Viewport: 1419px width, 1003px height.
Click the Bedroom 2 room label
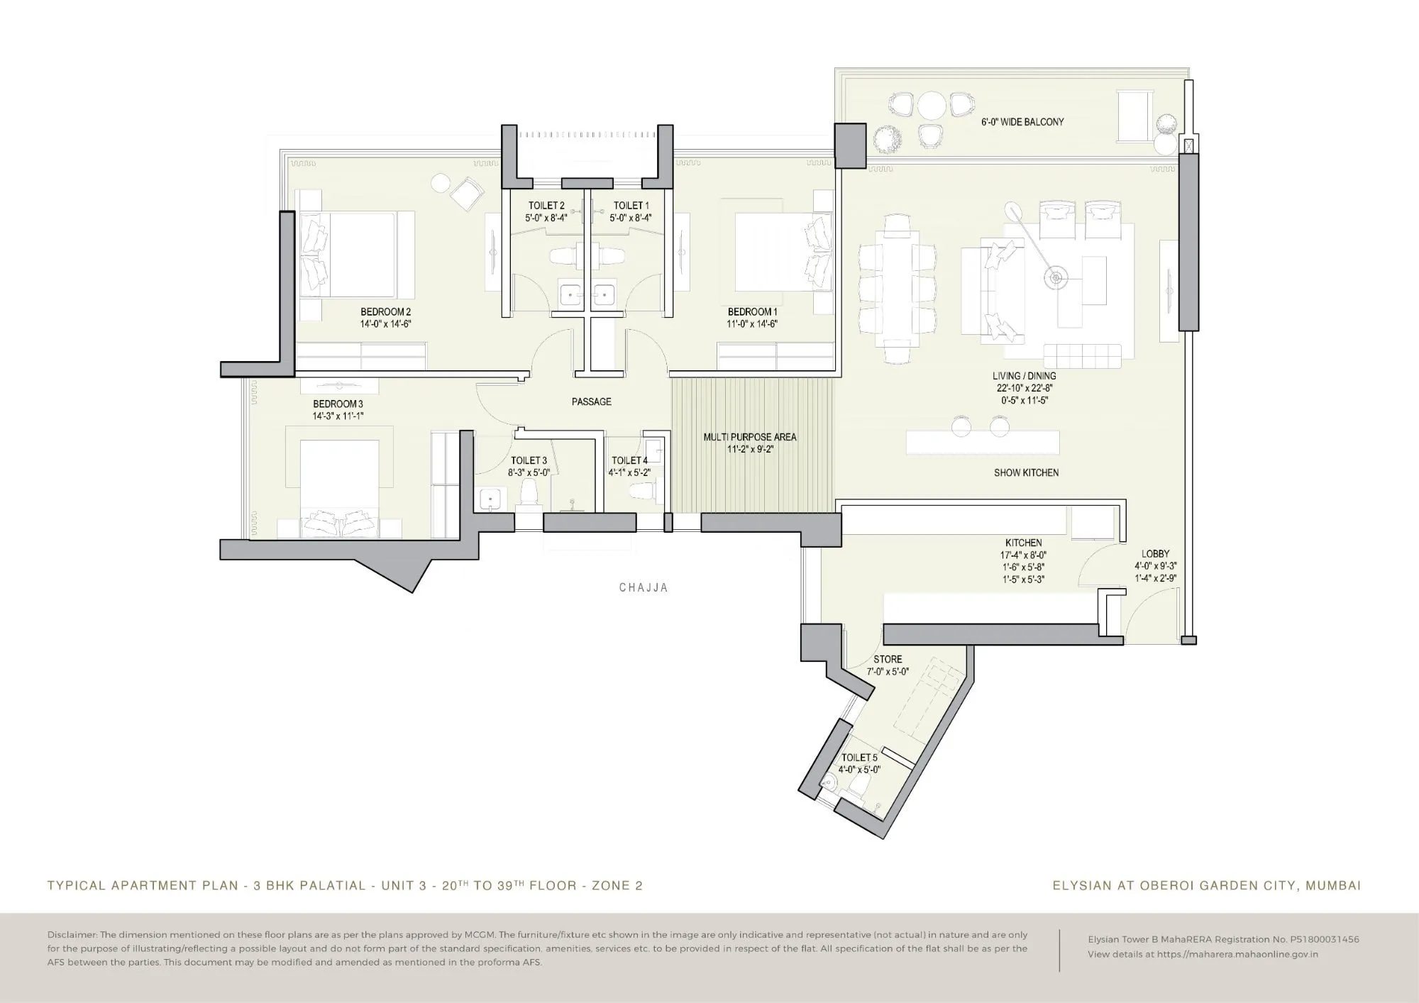tap(385, 311)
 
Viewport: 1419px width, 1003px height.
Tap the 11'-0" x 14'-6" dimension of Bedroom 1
tap(752, 324)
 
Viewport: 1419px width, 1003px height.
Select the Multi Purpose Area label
tap(749, 437)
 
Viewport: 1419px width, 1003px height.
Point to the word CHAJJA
tap(644, 587)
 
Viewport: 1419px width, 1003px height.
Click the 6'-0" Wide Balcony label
tap(1022, 122)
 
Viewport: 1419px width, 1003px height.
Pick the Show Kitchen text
tap(1026, 472)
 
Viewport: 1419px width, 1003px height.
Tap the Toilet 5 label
tap(859, 758)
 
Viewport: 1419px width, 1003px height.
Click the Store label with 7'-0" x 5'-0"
tap(888, 659)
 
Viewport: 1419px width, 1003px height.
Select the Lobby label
tap(1155, 554)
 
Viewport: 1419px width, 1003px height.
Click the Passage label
tap(591, 401)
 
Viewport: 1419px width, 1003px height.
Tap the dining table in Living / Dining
tap(898, 291)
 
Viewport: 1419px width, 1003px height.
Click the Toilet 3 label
tap(529, 460)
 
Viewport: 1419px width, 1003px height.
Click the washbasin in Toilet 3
tap(490, 499)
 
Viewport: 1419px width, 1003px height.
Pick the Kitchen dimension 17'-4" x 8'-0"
tap(1023, 555)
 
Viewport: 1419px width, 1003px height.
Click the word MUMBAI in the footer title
tap(1333, 885)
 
